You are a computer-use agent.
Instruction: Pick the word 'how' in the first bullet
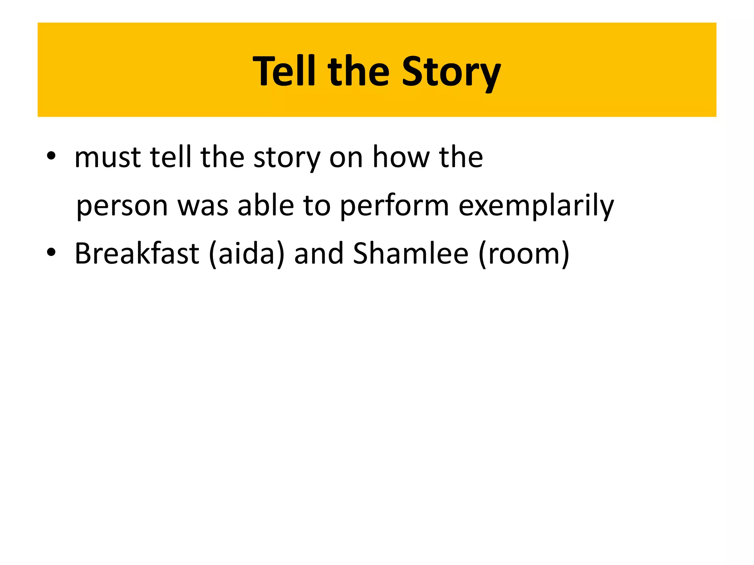click(401, 157)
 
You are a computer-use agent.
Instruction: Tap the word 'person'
click(122, 206)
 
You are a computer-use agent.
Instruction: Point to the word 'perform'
click(394, 206)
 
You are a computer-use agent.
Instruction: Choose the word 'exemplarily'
click(536, 206)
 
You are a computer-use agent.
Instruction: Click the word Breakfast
click(137, 253)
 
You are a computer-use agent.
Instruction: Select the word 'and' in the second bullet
click(319, 253)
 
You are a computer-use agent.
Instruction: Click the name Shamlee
click(411, 253)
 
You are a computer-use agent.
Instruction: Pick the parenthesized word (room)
click(524, 253)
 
